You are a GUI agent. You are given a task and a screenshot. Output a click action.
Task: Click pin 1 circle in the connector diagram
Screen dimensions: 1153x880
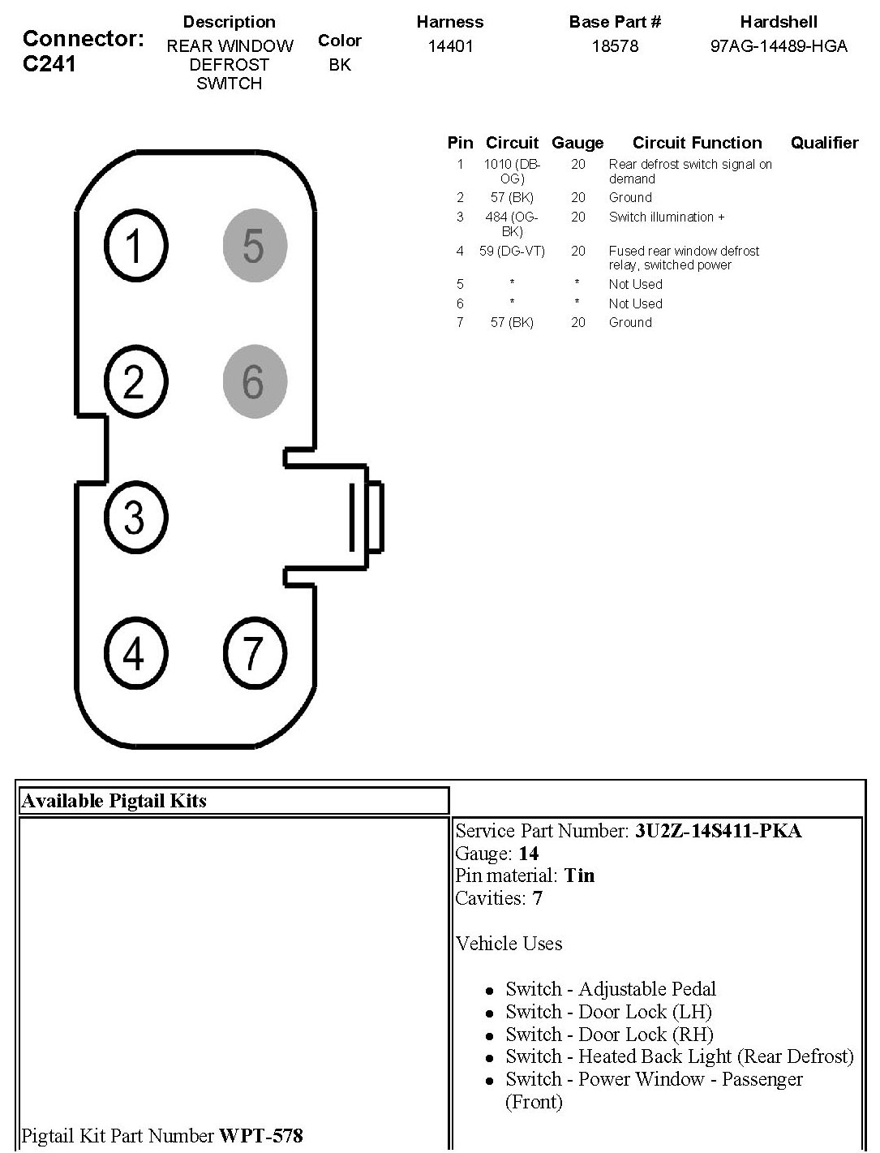[135, 245]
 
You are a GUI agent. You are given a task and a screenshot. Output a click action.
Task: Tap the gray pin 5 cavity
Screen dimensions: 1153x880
[255, 245]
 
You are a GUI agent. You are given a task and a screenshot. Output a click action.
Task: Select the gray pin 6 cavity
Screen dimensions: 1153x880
[255, 381]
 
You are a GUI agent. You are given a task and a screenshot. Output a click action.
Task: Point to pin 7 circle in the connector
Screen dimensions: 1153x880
[254, 652]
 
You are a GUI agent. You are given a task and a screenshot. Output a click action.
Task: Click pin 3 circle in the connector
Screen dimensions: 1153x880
[135, 517]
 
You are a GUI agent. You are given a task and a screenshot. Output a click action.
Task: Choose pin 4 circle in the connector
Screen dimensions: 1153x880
[135, 652]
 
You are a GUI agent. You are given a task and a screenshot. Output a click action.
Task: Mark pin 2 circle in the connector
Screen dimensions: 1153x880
[135, 381]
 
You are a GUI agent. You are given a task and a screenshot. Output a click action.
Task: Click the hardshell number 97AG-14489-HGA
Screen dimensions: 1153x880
[779, 46]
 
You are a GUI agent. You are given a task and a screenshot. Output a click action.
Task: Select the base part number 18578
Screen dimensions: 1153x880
[615, 46]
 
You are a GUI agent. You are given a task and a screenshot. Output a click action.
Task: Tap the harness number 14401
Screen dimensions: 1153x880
[450, 46]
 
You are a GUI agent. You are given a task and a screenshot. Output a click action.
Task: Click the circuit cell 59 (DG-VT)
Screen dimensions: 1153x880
[512, 252]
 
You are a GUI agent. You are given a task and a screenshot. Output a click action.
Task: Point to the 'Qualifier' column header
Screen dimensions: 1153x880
[824, 144]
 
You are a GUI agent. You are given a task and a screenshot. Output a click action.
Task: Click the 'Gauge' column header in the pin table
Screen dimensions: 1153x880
[577, 144]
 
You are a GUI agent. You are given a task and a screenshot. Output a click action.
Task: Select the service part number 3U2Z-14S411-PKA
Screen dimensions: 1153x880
[719, 831]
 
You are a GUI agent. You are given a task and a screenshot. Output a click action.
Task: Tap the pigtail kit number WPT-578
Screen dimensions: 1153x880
[261, 1136]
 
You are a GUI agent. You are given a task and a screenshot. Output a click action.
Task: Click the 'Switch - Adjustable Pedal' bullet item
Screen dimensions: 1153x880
[611, 989]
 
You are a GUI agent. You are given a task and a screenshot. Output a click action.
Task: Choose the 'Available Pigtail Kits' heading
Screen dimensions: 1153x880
[114, 802]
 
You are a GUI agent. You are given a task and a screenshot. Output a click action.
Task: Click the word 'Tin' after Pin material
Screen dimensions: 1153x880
[579, 876]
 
